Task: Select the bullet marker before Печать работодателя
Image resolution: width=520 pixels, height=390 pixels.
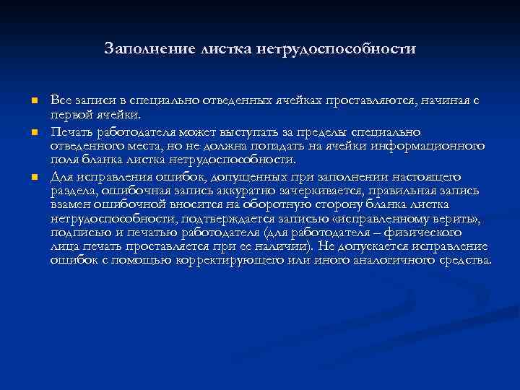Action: tap(34, 134)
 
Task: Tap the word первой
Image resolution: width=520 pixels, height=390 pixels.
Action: tap(71, 114)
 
